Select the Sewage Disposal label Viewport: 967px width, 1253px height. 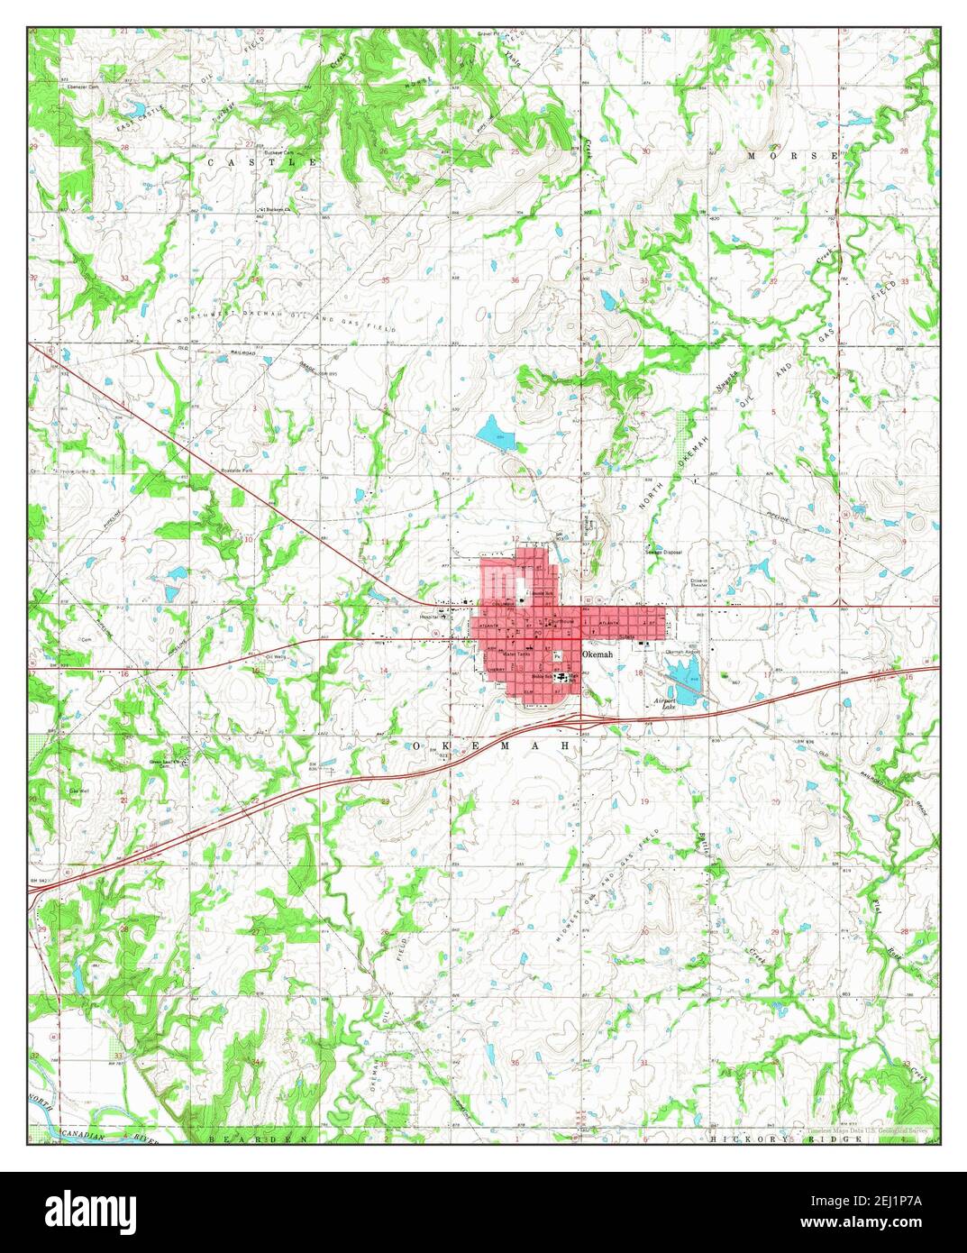tap(662, 552)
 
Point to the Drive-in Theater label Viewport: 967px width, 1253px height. tap(704, 583)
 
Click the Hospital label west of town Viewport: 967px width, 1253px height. tap(427, 617)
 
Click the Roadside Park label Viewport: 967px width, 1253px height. tap(242, 470)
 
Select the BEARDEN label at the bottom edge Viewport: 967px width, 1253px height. tap(257, 1139)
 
